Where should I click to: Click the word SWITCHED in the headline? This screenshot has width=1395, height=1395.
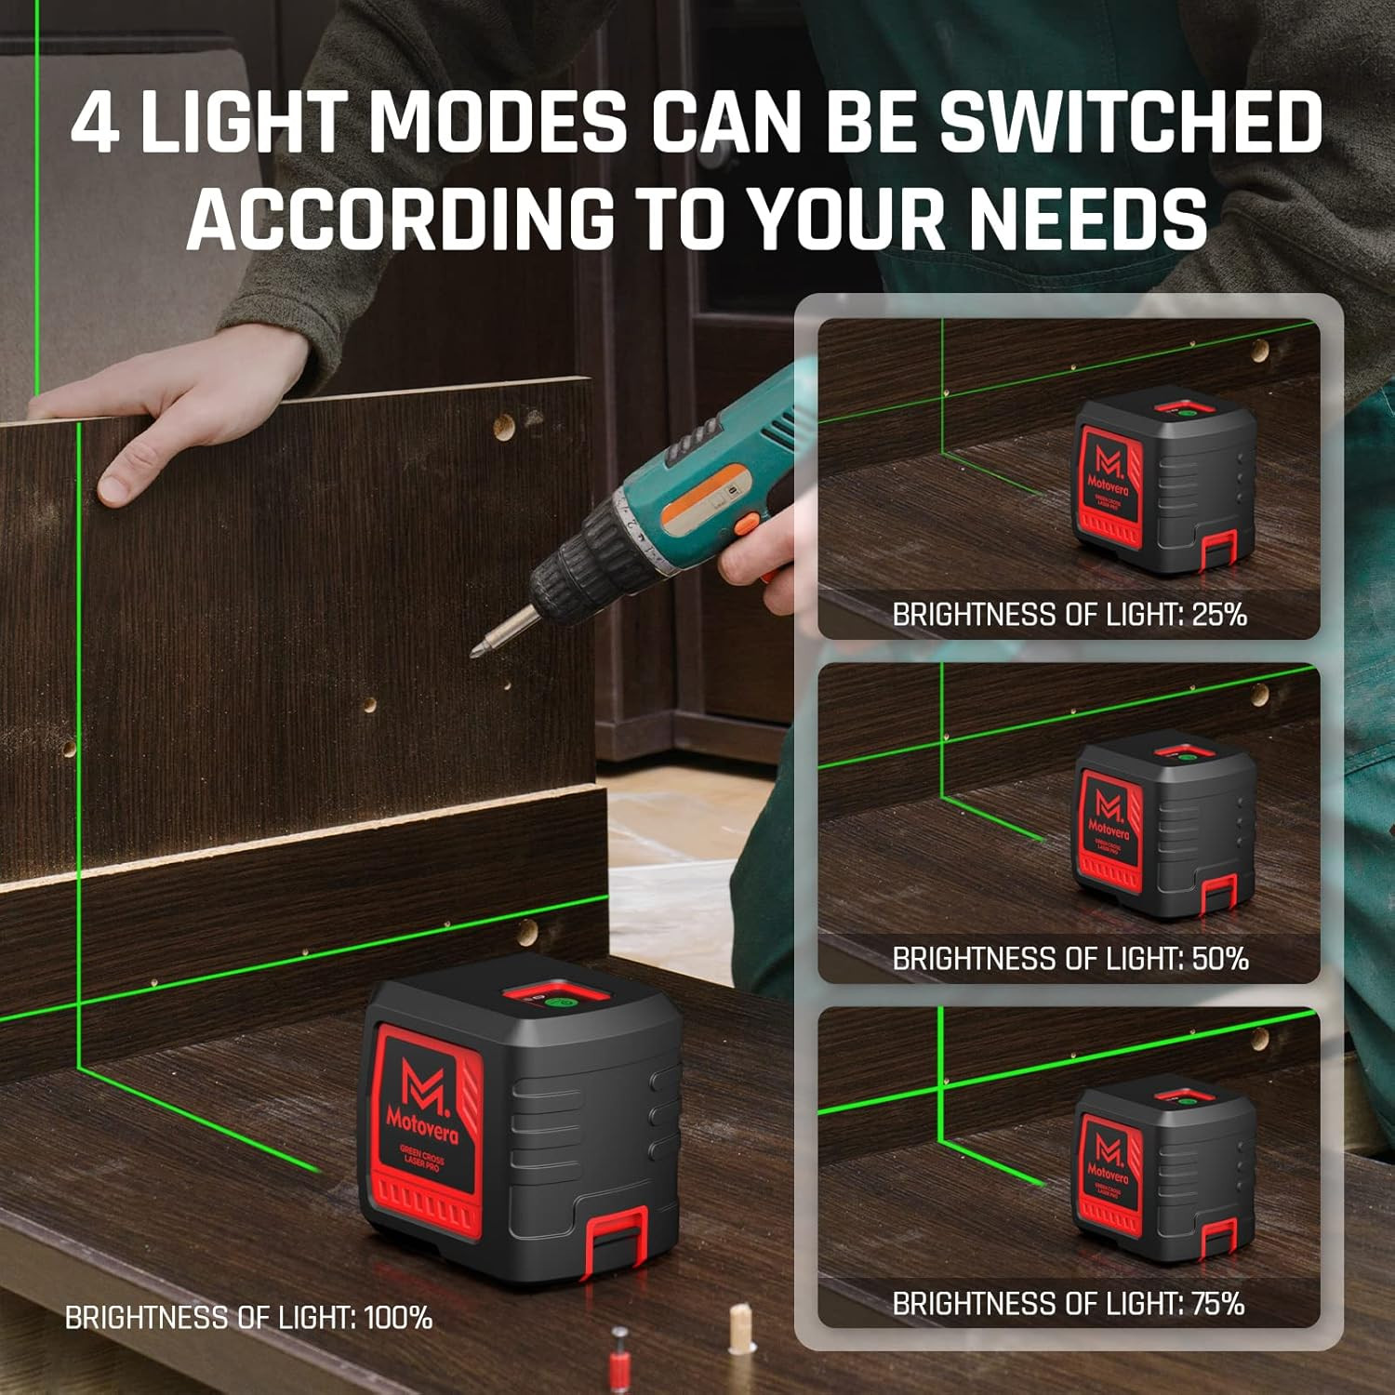click(x=1130, y=122)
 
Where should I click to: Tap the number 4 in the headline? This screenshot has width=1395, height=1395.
click(x=95, y=122)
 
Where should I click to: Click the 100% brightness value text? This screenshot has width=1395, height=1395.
click(x=397, y=1318)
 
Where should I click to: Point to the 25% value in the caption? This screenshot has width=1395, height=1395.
click(x=1218, y=615)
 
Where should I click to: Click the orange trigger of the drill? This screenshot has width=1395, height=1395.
click(x=744, y=526)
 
